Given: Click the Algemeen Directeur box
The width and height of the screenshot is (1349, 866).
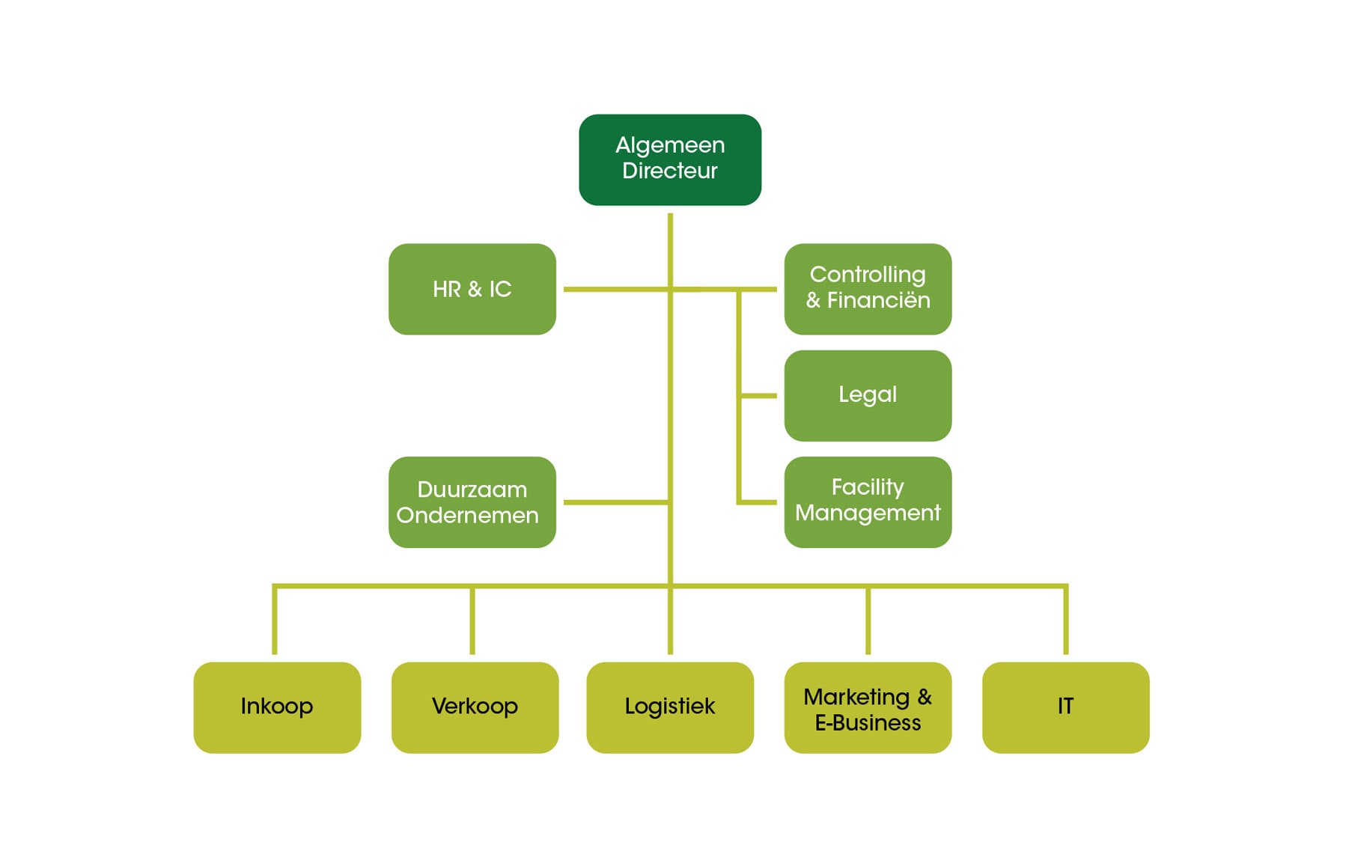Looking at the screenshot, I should pyautogui.click(x=670, y=159).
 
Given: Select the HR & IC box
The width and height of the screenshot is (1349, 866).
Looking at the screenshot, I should pyautogui.click(x=472, y=289).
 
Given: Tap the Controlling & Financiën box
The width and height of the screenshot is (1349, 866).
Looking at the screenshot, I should pyautogui.click(x=868, y=289).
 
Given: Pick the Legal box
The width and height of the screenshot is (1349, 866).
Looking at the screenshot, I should pyautogui.click(x=868, y=395).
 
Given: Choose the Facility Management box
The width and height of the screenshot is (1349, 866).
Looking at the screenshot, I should pyautogui.click(x=868, y=501).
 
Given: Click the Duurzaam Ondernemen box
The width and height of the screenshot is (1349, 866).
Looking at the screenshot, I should pyautogui.click(x=472, y=501).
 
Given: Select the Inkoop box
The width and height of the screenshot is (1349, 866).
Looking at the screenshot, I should pyautogui.click(x=277, y=707).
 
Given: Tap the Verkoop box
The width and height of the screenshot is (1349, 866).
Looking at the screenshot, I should pyautogui.click(x=475, y=707).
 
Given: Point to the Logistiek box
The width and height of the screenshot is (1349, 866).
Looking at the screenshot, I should pyautogui.click(x=670, y=707).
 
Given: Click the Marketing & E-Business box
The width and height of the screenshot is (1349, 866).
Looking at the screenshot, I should pyautogui.click(x=868, y=707).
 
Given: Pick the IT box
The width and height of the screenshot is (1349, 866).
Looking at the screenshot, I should pyautogui.click(x=1065, y=707).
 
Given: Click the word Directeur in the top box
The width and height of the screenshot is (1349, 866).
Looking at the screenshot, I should pyautogui.click(x=670, y=171).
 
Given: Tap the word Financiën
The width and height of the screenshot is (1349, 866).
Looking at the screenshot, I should pyautogui.click(x=878, y=301).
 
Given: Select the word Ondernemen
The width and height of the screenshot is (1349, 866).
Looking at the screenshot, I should pyautogui.click(x=467, y=516).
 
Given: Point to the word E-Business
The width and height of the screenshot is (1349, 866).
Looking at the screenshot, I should pyautogui.click(x=868, y=723).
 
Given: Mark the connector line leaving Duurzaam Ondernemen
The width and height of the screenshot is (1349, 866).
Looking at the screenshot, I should pyautogui.click(x=614, y=502).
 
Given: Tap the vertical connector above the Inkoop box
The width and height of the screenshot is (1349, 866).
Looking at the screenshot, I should pyautogui.click(x=275, y=621).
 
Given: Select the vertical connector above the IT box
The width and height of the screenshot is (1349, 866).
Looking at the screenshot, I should pyautogui.click(x=1065, y=621).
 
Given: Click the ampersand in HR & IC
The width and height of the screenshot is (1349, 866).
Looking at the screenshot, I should pyautogui.click(x=475, y=290).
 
